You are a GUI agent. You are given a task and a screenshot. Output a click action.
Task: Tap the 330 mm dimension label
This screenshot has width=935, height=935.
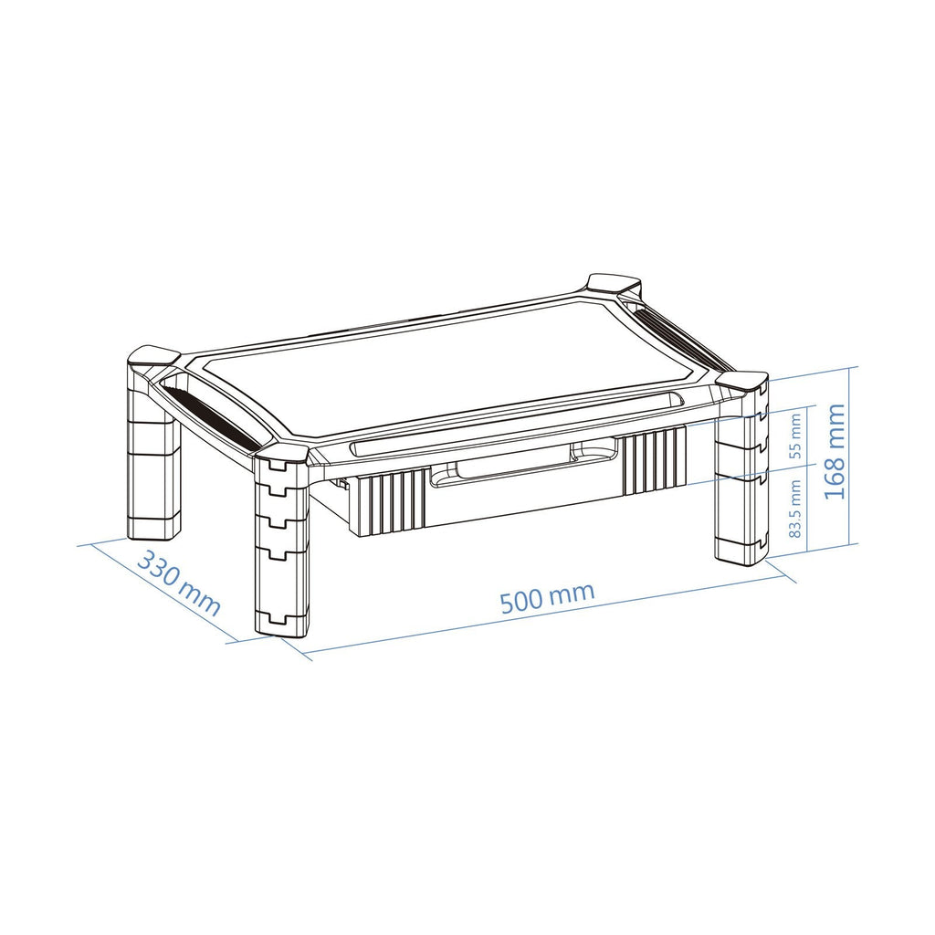[x=179, y=584]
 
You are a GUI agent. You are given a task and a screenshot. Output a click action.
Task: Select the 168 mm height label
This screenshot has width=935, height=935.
[x=835, y=451]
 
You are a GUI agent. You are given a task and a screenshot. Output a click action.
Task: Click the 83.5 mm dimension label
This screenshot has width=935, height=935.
[x=794, y=509]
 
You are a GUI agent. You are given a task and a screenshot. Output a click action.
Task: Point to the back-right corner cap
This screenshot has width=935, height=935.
[x=615, y=283]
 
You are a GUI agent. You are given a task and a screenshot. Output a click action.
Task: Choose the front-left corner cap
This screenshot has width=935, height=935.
[x=281, y=453]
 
